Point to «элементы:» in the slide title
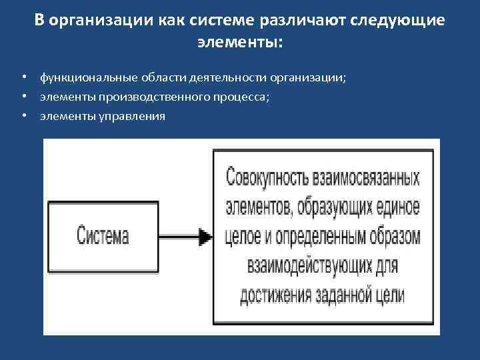coord(240,43)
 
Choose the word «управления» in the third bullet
coord(132,116)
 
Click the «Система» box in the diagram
coord(103,236)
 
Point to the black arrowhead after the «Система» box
coord(205,236)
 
